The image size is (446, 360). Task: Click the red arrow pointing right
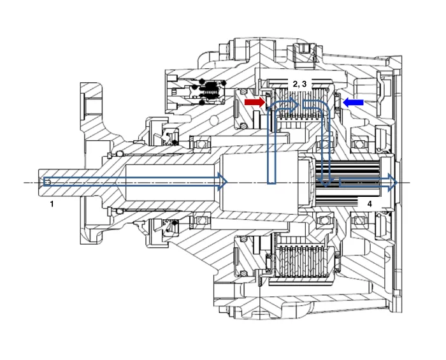click(x=254, y=102)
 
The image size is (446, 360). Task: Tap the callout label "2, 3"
click(x=299, y=83)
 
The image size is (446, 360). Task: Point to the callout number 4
click(x=369, y=203)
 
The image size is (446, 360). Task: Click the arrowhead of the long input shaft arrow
click(x=223, y=182)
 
